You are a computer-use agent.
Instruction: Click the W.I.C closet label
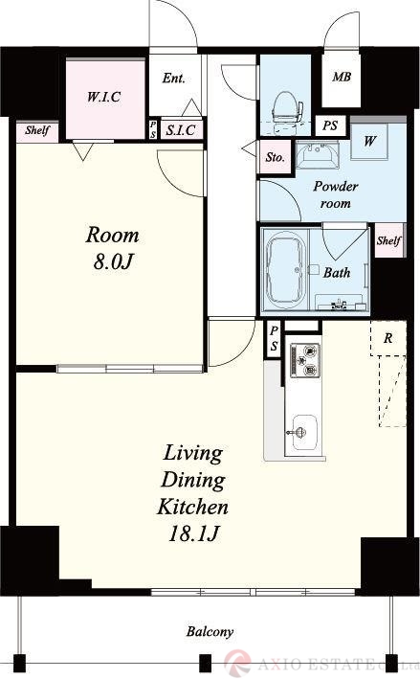coord(104,97)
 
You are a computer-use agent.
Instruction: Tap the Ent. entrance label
coord(174,79)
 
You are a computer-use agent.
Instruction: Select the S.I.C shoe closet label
coord(181,130)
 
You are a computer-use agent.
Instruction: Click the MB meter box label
coord(342,77)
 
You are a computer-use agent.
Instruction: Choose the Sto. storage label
coord(276,157)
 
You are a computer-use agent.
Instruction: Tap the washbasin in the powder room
coord(317,154)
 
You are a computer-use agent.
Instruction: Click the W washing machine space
coord(369,141)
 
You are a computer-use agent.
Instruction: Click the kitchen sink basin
coord(304,432)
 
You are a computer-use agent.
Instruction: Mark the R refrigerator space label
coord(388,338)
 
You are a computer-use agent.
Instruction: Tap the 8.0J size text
coord(113,261)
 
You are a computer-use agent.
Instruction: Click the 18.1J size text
coord(193,533)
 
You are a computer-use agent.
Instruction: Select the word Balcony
coord(210,631)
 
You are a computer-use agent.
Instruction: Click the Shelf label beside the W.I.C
coord(37,130)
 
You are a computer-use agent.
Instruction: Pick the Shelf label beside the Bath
coord(388,240)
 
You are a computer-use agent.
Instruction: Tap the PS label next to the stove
coord(274,339)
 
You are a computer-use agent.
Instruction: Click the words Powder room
coord(336,194)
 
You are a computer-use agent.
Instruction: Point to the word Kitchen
coord(192,507)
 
